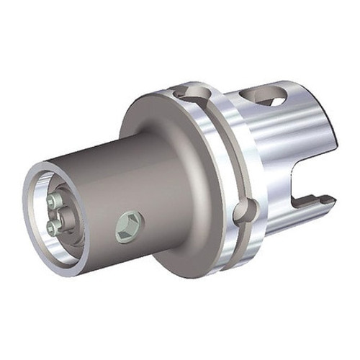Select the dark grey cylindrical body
[x=130, y=180]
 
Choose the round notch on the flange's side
[x=245, y=211]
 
